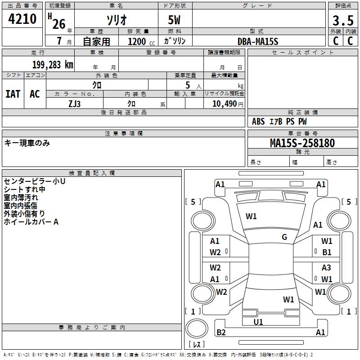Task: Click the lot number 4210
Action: (x=22, y=19)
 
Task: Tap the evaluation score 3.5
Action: (x=342, y=21)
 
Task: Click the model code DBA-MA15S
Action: (x=258, y=41)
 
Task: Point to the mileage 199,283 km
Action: (x=53, y=65)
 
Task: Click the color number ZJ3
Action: (x=75, y=103)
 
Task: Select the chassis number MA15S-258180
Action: (x=302, y=143)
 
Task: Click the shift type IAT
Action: (x=13, y=94)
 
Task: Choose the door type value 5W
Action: (x=175, y=20)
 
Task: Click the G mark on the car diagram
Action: (x=284, y=237)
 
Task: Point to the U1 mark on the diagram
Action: (x=258, y=322)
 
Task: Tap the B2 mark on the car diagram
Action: (x=221, y=333)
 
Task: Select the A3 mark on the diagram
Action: (x=326, y=268)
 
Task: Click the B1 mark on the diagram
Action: (x=327, y=252)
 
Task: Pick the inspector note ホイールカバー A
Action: (x=31, y=222)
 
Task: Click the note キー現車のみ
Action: (x=27, y=143)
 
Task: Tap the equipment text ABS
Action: (x=258, y=121)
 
